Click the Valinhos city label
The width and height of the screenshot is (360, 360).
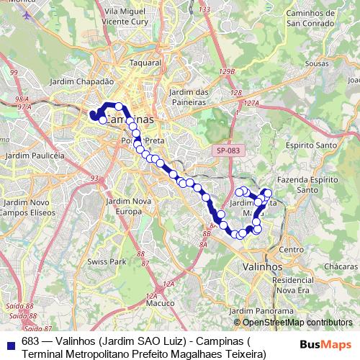coord(263,266)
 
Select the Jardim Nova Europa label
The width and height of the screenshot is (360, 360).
coord(130,205)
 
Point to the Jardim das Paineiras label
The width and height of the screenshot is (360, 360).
coord(189,96)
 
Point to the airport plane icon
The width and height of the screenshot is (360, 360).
coord(27,15)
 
